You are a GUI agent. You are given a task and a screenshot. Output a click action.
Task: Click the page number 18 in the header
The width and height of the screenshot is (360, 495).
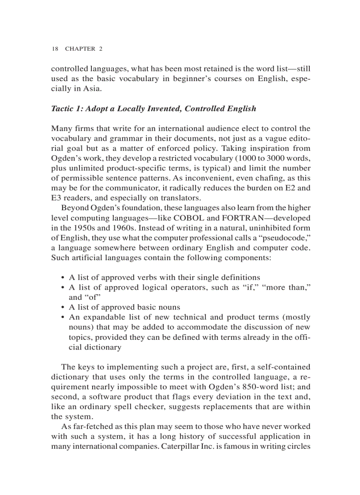(x=55, y=49)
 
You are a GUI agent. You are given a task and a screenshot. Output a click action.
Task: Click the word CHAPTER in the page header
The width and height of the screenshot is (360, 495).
(x=80, y=49)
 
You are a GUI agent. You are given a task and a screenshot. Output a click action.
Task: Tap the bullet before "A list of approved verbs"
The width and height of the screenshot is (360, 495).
(x=63, y=278)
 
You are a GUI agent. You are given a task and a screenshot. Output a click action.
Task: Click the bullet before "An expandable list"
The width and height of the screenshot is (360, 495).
(x=63, y=317)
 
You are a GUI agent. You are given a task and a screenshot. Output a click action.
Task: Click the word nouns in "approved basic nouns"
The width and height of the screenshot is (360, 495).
(x=169, y=307)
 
